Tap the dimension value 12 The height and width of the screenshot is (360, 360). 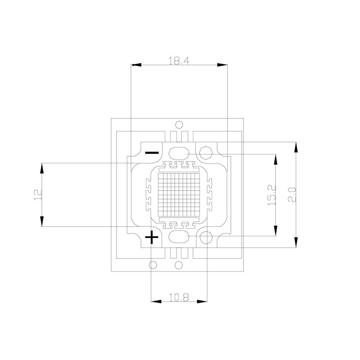pos(37,194)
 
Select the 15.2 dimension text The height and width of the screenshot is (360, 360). pos(271,195)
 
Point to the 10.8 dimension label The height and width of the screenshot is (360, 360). pos(179,297)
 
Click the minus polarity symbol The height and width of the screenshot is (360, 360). pos(152,153)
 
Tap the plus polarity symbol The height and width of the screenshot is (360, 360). pos(153,237)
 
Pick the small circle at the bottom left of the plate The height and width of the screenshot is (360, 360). pos(153,265)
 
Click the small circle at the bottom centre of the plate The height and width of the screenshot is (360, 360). pos(179,265)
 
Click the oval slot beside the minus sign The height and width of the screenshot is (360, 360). pos(179,153)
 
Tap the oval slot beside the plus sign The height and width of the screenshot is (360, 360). pos(179,237)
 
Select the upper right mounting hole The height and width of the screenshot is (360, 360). pos(206,152)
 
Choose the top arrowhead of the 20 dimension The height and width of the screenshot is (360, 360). pos(296,147)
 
